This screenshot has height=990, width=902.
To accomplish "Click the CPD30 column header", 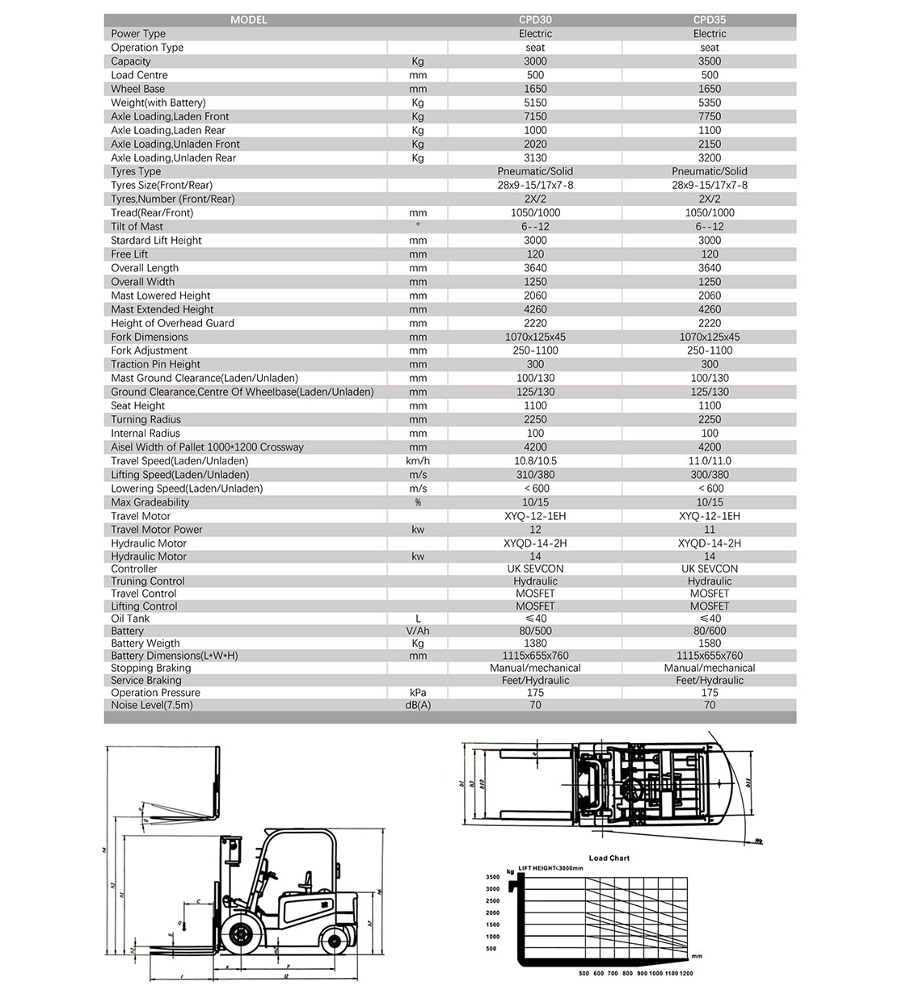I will tap(535, 20).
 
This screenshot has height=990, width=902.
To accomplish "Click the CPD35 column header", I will tap(710, 20).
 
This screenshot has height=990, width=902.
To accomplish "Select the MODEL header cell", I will tap(249, 20).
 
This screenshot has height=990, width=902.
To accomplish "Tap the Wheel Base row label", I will tap(138, 89).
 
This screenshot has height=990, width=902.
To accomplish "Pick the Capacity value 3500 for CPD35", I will tap(710, 61).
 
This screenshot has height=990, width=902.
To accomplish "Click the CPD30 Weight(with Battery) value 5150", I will tap(535, 103).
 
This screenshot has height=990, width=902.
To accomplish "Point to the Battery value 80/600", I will tap(710, 631).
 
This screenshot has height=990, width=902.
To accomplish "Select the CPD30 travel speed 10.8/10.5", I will tap(535, 461).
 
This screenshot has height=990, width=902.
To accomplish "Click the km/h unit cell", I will tap(418, 461).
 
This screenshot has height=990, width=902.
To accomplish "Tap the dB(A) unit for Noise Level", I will tap(418, 705).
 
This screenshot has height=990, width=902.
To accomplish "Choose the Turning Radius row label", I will tap(146, 420).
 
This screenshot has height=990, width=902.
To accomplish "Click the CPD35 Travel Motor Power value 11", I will tap(710, 530).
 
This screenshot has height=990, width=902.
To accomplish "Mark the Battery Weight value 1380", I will tap(535, 644).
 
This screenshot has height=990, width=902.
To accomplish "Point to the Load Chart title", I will tap(609, 858).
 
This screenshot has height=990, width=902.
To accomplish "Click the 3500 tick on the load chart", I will tap(493, 877).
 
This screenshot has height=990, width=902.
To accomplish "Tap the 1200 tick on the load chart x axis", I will tap(687, 974).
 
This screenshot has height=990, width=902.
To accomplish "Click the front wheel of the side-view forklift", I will tap(240, 935).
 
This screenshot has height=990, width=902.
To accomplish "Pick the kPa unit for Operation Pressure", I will tap(418, 693).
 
